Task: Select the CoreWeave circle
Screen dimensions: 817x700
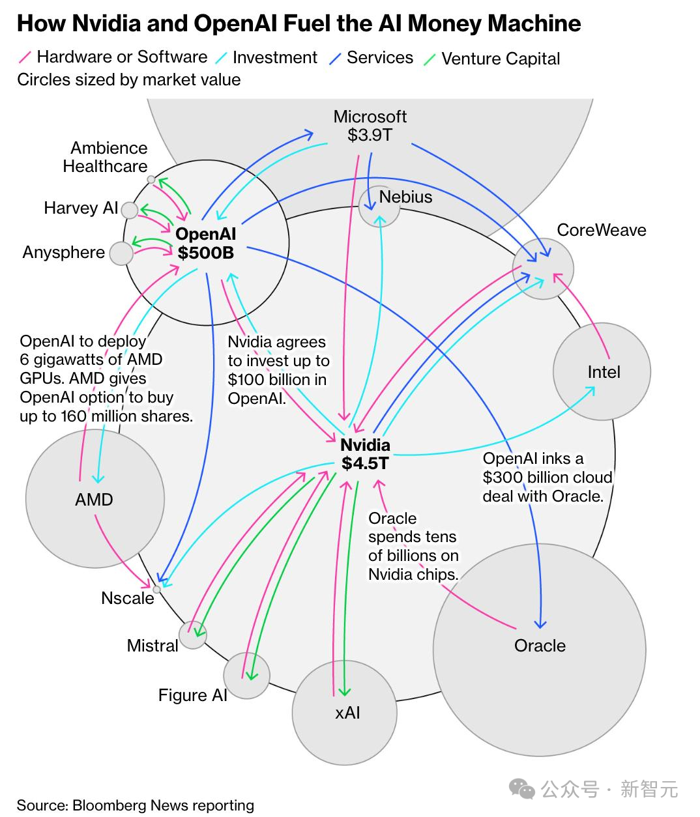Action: (544, 269)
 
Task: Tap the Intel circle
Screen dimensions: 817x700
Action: (602, 371)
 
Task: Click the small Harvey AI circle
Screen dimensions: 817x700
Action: (130, 210)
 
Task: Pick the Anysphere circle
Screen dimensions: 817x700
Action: (121, 253)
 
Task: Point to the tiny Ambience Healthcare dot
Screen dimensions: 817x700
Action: (151, 179)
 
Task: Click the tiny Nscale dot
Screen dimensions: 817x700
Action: (156, 590)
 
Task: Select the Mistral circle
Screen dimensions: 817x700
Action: (193, 635)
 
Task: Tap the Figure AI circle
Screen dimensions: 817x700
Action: (246, 676)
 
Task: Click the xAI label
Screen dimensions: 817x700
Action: (347, 713)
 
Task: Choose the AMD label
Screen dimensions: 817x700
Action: (95, 500)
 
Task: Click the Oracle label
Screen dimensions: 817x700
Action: (540, 646)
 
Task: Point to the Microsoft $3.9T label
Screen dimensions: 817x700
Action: (370, 126)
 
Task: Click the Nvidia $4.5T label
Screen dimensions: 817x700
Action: (365, 454)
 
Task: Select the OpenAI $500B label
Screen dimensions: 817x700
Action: (206, 243)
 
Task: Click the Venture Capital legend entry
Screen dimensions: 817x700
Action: (500, 59)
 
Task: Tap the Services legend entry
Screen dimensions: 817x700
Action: (379, 57)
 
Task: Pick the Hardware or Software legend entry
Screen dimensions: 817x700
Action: (121, 57)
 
